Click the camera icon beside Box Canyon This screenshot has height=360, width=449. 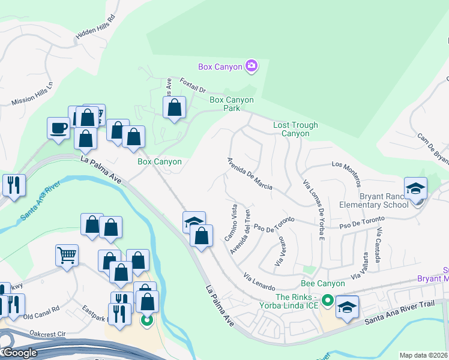(x=252, y=65)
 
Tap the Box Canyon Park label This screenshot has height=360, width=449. (x=231, y=104)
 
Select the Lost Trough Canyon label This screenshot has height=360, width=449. (x=295, y=129)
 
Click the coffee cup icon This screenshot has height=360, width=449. (x=58, y=128)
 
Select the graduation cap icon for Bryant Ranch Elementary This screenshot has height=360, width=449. (x=415, y=188)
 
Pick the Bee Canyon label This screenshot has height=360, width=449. (x=323, y=283)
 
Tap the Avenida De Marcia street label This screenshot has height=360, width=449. (x=250, y=174)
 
